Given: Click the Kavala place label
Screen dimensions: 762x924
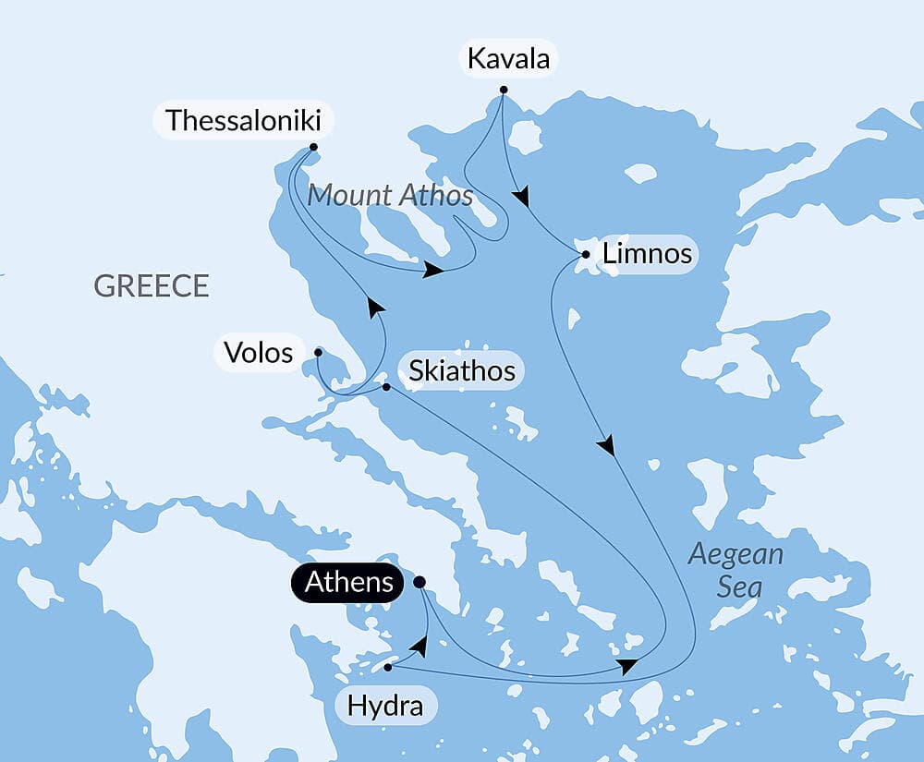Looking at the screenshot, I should click(508, 59).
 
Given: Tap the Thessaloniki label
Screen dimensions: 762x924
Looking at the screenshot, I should click(243, 121).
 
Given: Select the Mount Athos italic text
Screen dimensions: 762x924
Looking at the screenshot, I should click(390, 195).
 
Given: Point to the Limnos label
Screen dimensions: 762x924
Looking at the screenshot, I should click(646, 253).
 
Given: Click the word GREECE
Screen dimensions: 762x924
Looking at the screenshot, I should click(152, 285).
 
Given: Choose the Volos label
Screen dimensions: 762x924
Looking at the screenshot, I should click(259, 352).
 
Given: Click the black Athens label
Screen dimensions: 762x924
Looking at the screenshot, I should click(347, 583).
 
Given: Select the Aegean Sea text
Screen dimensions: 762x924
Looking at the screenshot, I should click(736, 570).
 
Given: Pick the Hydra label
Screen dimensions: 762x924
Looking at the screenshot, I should click(384, 707).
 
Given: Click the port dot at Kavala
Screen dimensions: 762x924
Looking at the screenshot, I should click(504, 90).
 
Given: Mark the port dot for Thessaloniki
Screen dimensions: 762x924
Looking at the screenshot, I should click(313, 147).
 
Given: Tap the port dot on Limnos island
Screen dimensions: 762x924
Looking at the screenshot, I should click(585, 254).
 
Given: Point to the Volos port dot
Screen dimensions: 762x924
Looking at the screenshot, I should click(318, 352).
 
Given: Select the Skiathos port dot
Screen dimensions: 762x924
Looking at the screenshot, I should click(386, 387).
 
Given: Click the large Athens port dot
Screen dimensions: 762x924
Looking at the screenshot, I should click(419, 582).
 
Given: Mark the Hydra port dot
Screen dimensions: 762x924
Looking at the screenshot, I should click(388, 667).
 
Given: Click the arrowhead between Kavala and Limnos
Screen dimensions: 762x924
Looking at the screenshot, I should click(523, 197).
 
